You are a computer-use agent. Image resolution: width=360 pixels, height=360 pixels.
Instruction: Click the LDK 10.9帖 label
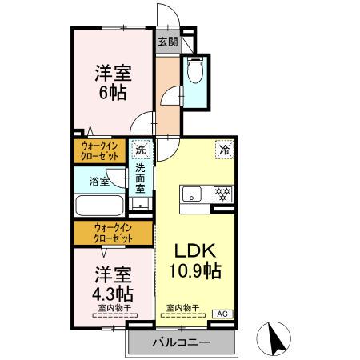click(193, 260)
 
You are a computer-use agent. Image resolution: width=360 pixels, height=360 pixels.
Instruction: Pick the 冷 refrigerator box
click(224, 149)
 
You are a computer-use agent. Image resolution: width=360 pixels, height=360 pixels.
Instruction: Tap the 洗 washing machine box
click(141, 150)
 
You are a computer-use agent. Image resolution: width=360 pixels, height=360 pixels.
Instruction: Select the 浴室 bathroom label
click(99, 182)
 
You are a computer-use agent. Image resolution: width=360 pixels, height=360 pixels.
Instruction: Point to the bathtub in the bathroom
click(100, 206)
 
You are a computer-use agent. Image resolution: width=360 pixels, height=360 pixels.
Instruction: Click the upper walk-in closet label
click(100, 150)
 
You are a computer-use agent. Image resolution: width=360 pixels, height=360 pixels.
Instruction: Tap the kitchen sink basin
click(192, 194)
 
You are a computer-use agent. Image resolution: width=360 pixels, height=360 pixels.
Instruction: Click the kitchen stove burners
click(223, 193)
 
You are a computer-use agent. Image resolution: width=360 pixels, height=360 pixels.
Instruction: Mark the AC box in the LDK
click(222, 314)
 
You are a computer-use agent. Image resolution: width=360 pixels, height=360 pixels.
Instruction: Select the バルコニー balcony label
click(182, 342)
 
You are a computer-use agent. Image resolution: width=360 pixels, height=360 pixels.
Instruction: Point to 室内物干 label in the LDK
click(182, 307)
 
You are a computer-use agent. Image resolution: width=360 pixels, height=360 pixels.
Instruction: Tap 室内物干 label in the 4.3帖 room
click(114, 307)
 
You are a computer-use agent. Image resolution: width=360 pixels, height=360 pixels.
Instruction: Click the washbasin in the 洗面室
click(141, 203)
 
